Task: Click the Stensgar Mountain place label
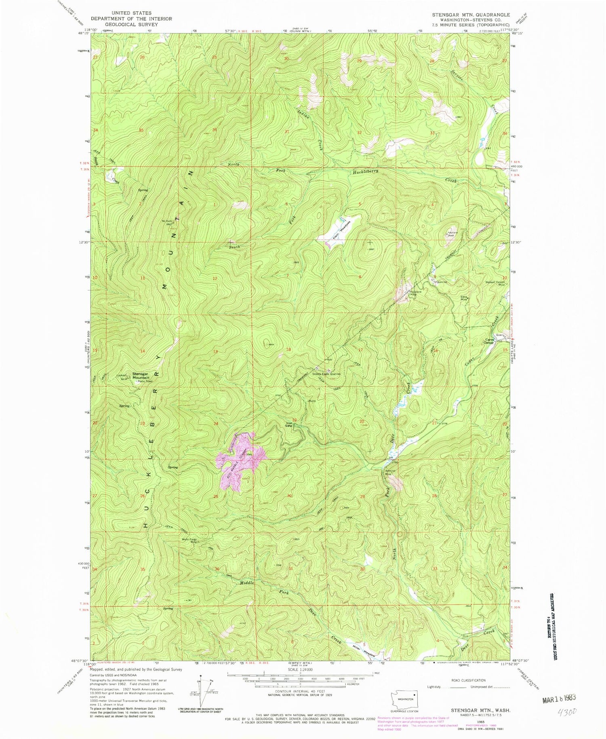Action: (138, 376)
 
